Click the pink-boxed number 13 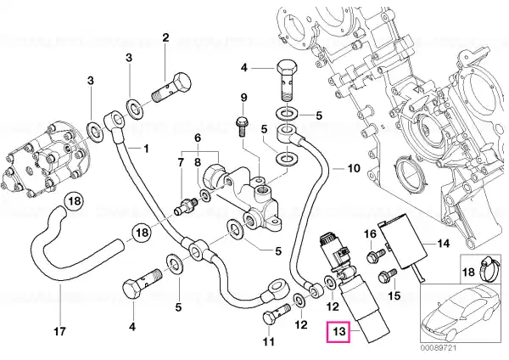point(338,332)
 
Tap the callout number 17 point(60,331)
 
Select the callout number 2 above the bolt point(166,37)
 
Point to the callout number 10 point(354,168)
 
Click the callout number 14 point(444,243)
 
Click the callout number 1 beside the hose point(146,149)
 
